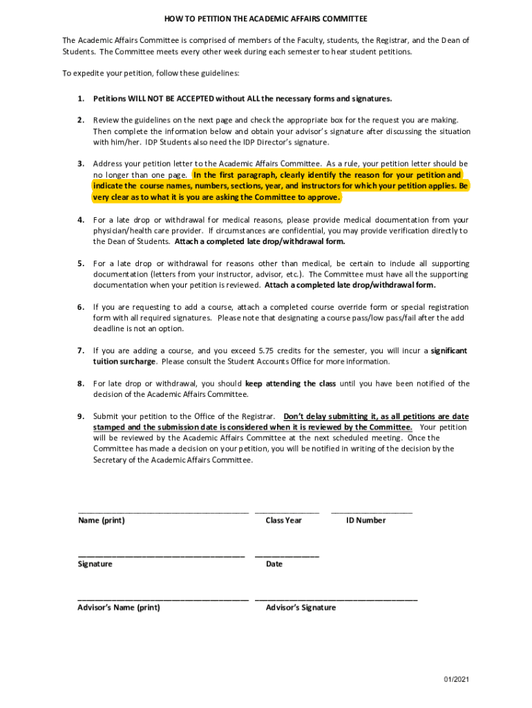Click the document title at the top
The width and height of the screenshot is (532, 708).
[265, 18]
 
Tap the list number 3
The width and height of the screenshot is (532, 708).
[81, 164]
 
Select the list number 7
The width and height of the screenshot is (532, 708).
[81, 351]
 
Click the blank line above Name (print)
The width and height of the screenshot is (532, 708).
[163, 512]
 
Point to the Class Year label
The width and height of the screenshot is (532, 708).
[283, 521]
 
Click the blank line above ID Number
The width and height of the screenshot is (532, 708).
[372, 512]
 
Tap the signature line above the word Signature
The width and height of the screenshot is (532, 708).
[161, 556]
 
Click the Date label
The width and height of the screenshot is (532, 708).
[274, 564]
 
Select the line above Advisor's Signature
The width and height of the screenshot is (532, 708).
[336, 599]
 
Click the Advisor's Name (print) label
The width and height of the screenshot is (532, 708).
[119, 608]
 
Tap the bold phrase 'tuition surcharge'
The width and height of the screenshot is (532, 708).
[125, 362]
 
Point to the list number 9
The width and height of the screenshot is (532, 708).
[81, 416]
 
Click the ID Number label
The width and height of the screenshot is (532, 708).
[365, 521]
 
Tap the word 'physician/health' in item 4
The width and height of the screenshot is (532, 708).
[125, 230]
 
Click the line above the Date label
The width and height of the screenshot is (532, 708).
[287, 556]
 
